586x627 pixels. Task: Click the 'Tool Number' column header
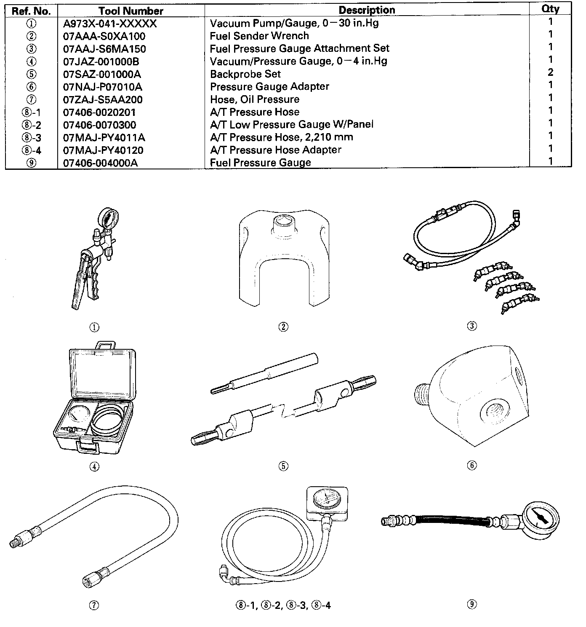pos(131,11)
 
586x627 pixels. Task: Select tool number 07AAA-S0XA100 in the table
pos(104,36)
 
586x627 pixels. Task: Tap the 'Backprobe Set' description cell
pos(245,74)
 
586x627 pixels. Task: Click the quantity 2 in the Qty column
pos(550,72)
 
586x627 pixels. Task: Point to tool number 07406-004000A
pos(100,163)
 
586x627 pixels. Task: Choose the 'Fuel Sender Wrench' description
pos(259,36)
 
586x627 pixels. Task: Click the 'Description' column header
pos(367,10)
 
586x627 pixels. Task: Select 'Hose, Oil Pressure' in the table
pos(255,99)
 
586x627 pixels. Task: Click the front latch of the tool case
pos(88,447)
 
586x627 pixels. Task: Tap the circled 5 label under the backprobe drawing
pos(283,466)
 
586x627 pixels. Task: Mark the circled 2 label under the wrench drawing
pos(283,327)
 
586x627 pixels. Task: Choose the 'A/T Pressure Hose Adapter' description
pos(275,150)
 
